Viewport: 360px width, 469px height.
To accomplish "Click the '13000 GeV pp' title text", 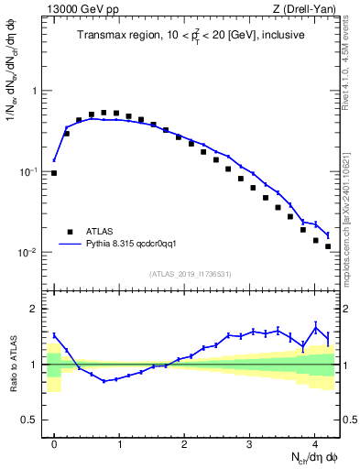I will point(80,10).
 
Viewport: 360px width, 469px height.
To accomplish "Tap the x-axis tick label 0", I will point(54,442).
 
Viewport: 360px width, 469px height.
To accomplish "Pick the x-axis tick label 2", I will point(184,442).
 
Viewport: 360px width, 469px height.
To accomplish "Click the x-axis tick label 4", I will point(315,442).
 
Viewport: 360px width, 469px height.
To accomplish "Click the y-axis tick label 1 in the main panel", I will point(34,92).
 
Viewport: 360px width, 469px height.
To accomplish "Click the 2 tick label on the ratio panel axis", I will point(34,310).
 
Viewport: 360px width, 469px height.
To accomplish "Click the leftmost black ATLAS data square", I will point(54,173).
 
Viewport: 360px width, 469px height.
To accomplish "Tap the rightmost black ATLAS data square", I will point(328,246).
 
